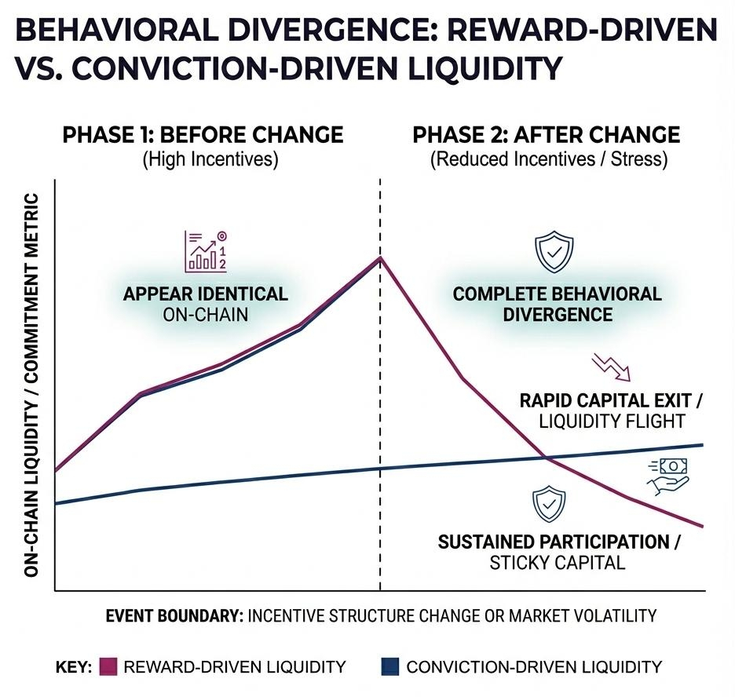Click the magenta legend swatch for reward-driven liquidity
tap(108, 666)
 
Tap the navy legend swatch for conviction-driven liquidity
tap(390, 666)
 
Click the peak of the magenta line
tap(380, 257)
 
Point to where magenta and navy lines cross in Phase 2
tap(546, 458)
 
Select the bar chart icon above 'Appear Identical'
tap(206, 250)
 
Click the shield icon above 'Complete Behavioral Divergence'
tap(554, 251)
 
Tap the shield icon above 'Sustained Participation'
tap(549, 504)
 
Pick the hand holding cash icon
tap(668, 476)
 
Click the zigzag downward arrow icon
tap(611, 367)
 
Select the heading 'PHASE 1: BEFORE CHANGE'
tap(203, 135)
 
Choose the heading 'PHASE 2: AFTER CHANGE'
tap(546, 135)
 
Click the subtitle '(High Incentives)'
tap(210, 159)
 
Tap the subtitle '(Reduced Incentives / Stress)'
tap(549, 159)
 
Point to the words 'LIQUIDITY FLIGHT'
tap(612, 421)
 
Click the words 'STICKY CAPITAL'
tap(558, 562)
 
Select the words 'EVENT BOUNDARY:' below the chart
tap(174, 615)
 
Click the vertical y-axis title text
tap(31, 385)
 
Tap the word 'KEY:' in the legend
tap(74, 666)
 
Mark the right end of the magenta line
tap(703, 527)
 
